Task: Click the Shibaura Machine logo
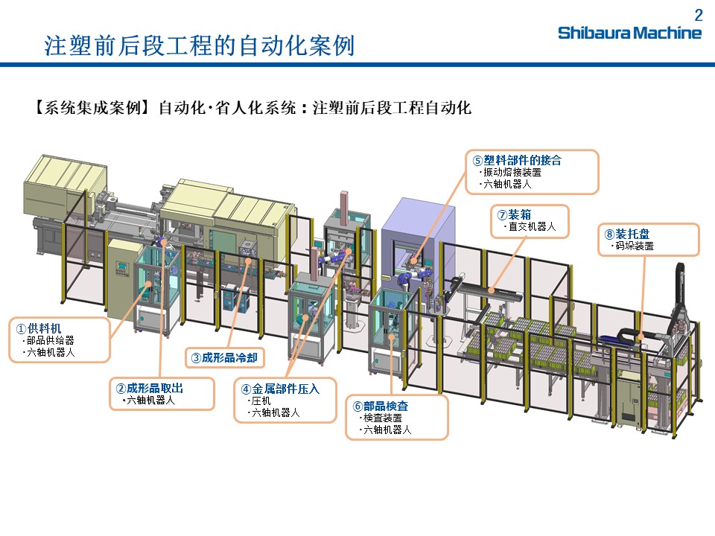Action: [x=629, y=33]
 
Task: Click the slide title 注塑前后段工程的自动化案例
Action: [x=199, y=46]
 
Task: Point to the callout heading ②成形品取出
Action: [x=149, y=388]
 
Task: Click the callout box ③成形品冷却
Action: [x=224, y=358]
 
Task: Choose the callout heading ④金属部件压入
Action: [x=280, y=388]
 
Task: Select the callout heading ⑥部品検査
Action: [x=381, y=406]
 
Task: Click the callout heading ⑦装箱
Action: [x=515, y=215]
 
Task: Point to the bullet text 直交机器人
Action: [x=532, y=227]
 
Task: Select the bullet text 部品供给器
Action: [x=50, y=340]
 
